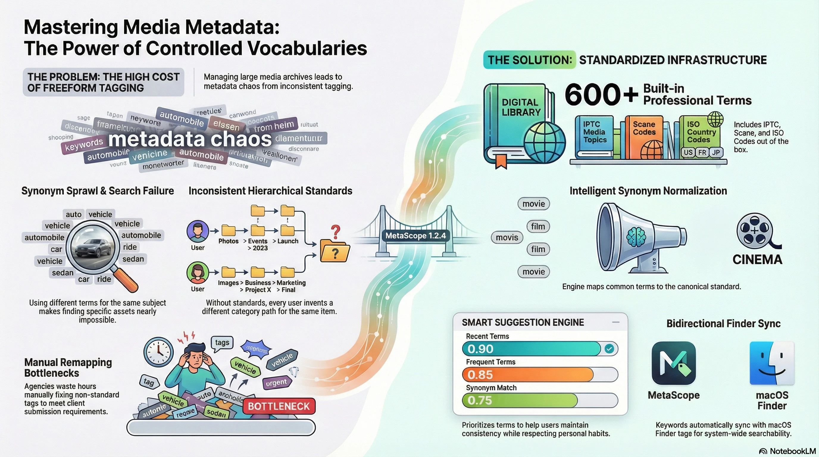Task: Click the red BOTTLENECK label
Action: click(x=279, y=406)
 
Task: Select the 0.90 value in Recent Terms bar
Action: click(x=480, y=349)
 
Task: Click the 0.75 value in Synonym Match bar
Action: click(x=480, y=400)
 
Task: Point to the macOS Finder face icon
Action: click(x=772, y=363)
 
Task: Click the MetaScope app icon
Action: click(x=673, y=363)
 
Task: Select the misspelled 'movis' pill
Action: click(x=507, y=238)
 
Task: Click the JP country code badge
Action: click(x=716, y=153)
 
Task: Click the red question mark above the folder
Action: click(x=335, y=231)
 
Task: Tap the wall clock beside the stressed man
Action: click(x=158, y=351)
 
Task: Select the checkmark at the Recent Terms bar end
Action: click(x=609, y=349)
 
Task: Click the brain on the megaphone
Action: click(x=636, y=237)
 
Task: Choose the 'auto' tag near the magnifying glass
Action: click(x=74, y=215)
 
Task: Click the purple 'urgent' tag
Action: click(x=276, y=383)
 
